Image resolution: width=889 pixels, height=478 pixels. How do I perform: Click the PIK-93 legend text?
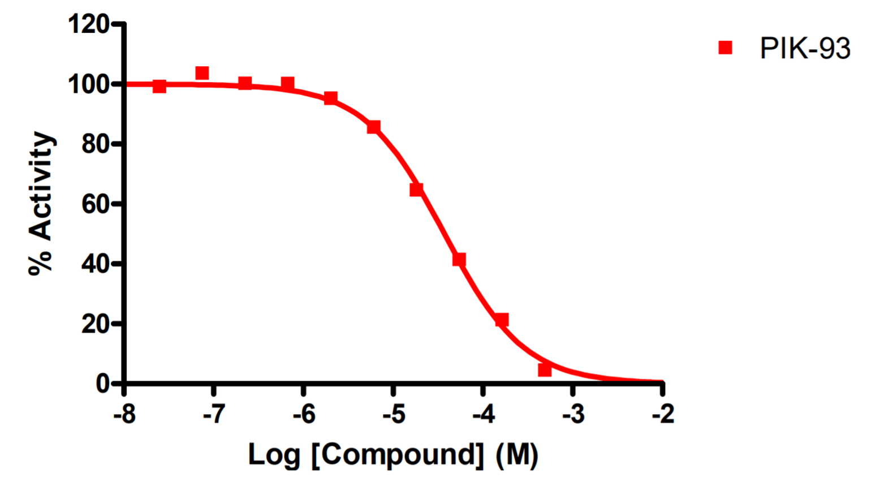[804, 48]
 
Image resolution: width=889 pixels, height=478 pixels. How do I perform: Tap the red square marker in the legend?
[725, 48]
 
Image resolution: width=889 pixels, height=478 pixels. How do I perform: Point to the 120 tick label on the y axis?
[88, 24]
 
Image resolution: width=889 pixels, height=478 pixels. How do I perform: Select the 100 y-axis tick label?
[88, 84]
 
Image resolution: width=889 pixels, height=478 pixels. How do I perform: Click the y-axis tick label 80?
[94, 144]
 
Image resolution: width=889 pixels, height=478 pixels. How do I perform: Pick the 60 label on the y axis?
[94, 204]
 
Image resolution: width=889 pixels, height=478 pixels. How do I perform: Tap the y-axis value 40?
[94, 264]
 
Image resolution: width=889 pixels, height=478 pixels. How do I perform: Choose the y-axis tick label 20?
[94, 324]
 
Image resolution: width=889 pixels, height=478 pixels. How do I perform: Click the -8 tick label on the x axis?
[124, 415]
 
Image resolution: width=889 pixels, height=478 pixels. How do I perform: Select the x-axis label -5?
[394, 415]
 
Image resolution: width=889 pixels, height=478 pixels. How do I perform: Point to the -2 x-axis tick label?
[663, 415]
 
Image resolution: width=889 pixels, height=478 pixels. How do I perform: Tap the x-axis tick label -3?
[573, 415]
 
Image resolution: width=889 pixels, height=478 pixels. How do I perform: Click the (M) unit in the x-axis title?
[516, 454]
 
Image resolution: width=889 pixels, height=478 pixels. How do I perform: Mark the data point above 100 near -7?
[202, 73]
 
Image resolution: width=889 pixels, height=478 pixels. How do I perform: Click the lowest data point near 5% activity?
[545, 370]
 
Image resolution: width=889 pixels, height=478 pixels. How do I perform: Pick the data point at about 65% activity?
[416, 190]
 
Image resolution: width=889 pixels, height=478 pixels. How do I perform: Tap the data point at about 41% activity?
[459, 260]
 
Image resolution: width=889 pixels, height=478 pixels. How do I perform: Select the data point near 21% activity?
[502, 320]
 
